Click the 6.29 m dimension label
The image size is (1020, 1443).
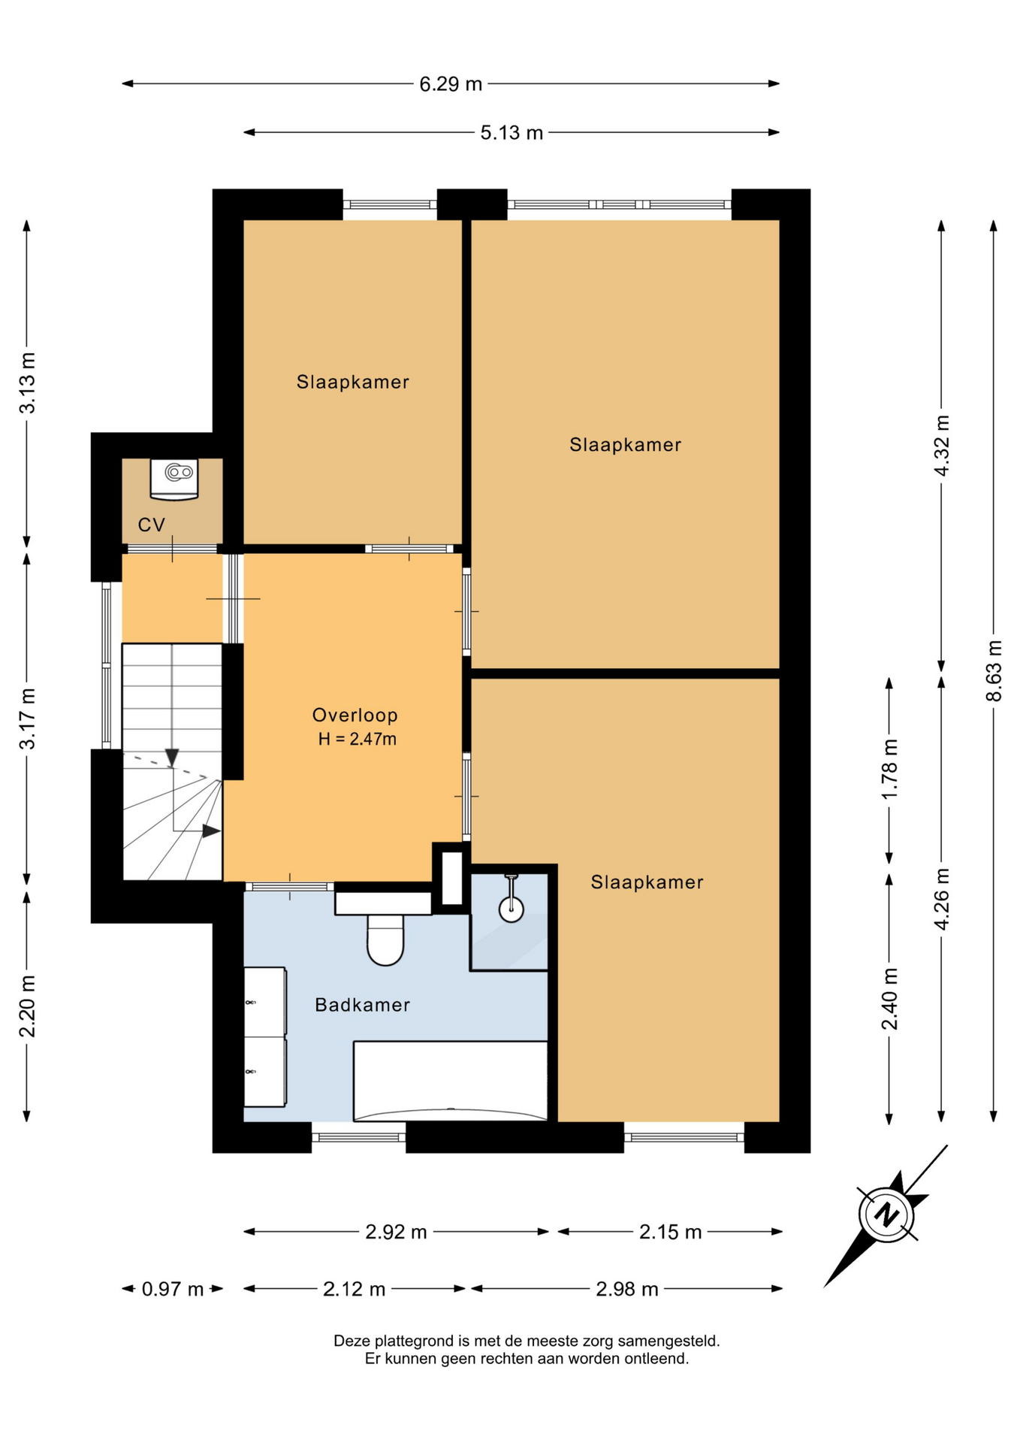[x=450, y=84]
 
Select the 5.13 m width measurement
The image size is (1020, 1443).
[x=512, y=133]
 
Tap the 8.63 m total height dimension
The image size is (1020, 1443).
[x=994, y=670]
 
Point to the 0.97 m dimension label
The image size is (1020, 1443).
[x=173, y=1290]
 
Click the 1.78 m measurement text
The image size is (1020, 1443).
[x=889, y=770]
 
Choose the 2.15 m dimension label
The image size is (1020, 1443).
[x=670, y=1233]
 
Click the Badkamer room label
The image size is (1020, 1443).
[x=362, y=1006]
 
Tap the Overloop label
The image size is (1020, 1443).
[x=355, y=715]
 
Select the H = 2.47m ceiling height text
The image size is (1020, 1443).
[x=357, y=740]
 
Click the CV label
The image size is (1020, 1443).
[x=152, y=525]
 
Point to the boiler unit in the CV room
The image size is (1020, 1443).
[x=174, y=479]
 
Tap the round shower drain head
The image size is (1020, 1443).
[x=512, y=910]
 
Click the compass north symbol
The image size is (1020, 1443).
[x=886, y=1215]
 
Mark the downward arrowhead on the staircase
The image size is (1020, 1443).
[x=172, y=758]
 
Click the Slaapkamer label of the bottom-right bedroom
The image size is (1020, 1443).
[x=647, y=882]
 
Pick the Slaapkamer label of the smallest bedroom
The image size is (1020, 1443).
[x=352, y=383]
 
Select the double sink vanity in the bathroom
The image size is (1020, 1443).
[x=265, y=1037]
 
